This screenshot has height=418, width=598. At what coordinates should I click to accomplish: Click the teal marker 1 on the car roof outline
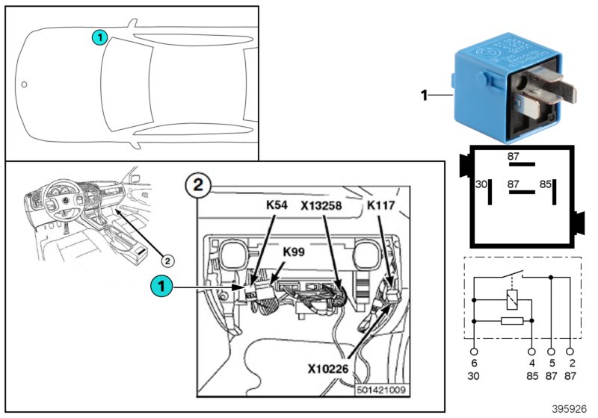(x=100, y=37)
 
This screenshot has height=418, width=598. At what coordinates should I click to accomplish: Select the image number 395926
(x=570, y=409)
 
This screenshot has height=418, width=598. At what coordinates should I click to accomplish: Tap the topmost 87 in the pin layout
(x=514, y=156)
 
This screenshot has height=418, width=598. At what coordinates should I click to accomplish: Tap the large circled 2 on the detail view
(x=198, y=185)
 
